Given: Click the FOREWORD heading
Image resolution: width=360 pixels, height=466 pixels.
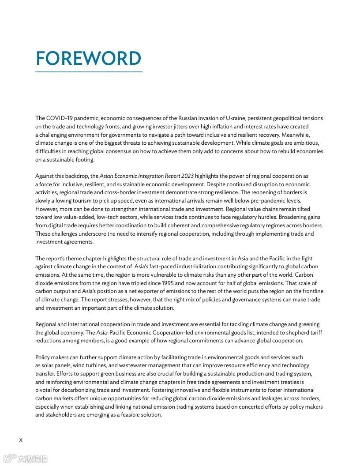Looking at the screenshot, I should coord(88,59).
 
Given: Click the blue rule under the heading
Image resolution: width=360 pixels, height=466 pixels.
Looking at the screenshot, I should coord(89,71).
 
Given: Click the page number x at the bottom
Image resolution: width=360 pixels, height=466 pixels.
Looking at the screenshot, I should coord(20,440).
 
